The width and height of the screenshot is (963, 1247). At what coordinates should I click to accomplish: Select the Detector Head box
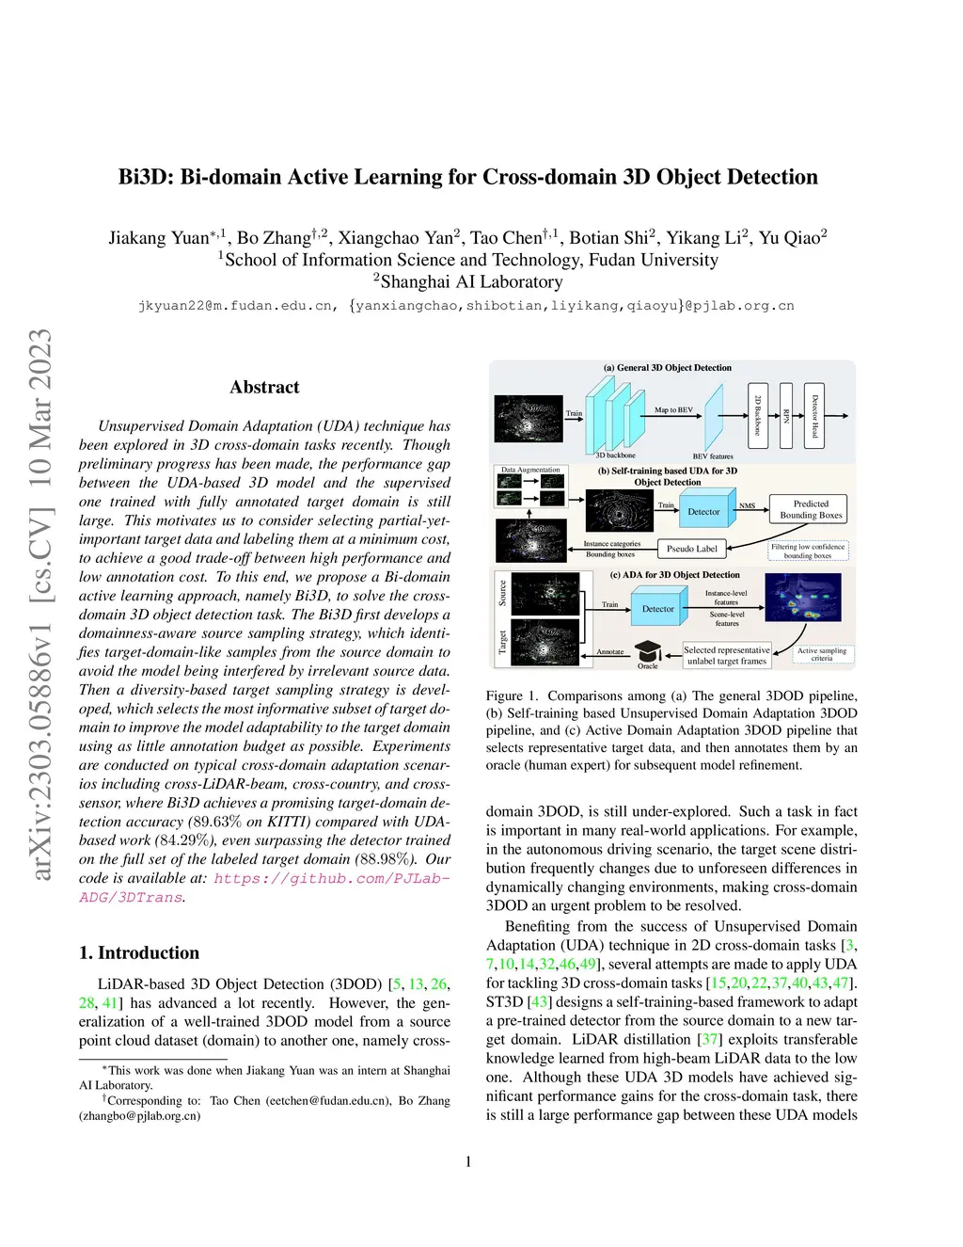tap(815, 415)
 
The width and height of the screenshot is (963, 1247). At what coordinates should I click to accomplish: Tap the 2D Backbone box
tap(758, 415)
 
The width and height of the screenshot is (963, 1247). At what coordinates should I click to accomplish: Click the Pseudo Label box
tap(691, 549)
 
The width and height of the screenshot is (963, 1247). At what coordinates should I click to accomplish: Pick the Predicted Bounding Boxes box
tap(810, 509)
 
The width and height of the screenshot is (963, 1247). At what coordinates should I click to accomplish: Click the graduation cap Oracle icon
tap(648, 651)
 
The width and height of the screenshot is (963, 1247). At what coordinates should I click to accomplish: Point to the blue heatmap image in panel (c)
tap(803, 598)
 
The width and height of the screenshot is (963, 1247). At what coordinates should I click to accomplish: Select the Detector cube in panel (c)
tap(658, 608)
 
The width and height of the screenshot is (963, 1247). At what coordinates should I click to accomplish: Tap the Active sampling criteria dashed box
tap(821, 654)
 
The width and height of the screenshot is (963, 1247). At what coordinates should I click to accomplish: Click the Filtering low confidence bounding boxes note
tap(808, 551)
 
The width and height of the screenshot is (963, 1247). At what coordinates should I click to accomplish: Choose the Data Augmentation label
tap(530, 470)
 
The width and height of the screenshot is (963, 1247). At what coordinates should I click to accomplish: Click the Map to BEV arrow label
tap(673, 410)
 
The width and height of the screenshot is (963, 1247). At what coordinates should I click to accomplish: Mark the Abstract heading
tap(264, 387)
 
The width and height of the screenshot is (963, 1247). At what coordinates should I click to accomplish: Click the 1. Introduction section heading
tap(139, 952)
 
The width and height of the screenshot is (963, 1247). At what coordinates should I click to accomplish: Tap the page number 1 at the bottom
tap(468, 1161)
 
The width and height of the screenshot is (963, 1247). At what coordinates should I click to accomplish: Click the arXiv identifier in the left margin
tap(40, 604)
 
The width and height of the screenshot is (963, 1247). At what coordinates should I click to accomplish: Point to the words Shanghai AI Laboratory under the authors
tap(471, 281)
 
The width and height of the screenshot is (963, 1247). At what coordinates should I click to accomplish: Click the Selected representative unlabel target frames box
tap(727, 655)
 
